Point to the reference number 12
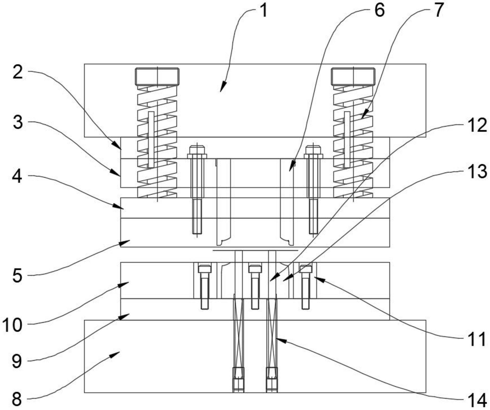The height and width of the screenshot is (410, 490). pos(477,125)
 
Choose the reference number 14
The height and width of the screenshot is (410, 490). pos(477,400)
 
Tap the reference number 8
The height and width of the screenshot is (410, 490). pos(17,399)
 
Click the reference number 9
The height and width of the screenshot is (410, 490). pos(17,361)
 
